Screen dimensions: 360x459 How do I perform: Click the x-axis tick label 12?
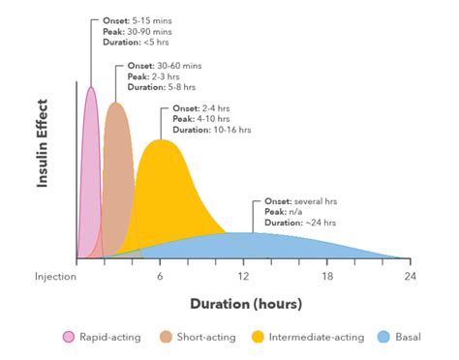pyautogui.click(x=245, y=277)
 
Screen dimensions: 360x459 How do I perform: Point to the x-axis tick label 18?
pyautogui.click(x=327, y=277)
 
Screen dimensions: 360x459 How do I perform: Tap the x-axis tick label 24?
pyautogui.click(x=411, y=277)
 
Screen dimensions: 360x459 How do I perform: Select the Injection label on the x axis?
pyautogui.click(x=56, y=277)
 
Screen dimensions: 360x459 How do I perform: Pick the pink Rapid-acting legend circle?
pyautogui.click(x=69, y=337)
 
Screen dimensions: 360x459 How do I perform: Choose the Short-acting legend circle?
pyautogui.click(x=166, y=337)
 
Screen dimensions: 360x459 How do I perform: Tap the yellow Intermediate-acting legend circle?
pyautogui.click(x=258, y=337)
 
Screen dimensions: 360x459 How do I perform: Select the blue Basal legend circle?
pyautogui.click(x=383, y=337)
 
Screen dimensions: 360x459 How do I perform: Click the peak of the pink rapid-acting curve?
pyautogui.click(x=91, y=87)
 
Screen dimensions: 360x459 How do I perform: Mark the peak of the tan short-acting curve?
pyautogui.click(x=116, y=103)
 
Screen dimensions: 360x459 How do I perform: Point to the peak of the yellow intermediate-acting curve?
pyautogui.click(x=161, y=140)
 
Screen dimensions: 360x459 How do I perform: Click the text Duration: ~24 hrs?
pyautogui.click(x=298, y=223)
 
